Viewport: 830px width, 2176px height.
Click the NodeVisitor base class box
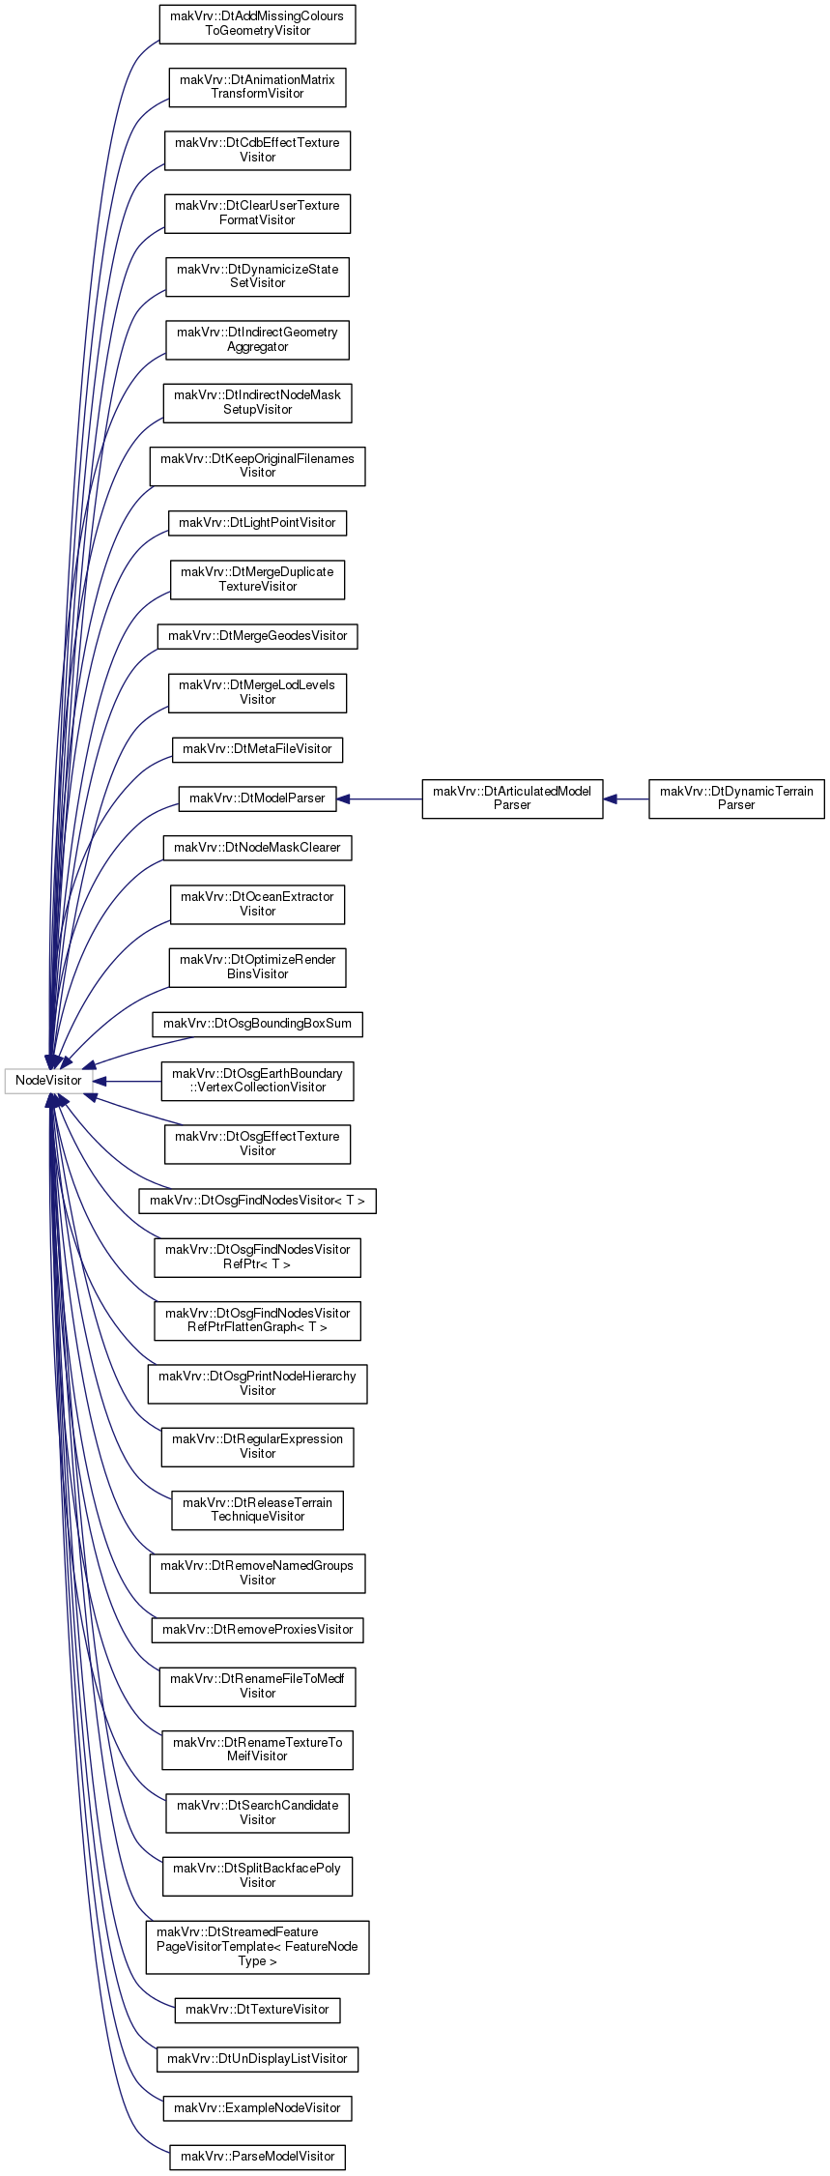tap(49, 1080)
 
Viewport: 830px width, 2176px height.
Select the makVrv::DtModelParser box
tap(257, 798)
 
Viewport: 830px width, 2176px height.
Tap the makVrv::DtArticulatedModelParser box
tap(512, 798)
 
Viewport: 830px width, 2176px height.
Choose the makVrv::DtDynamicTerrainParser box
tap(736, 798)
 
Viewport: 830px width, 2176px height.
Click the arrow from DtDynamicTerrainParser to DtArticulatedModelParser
tap(626, 798)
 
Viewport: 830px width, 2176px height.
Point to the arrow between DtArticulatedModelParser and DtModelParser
tap(379, 798)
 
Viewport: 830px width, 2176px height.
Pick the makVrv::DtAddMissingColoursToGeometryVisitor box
tap(257, 24)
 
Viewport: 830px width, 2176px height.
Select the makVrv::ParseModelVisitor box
tap(257, 2157)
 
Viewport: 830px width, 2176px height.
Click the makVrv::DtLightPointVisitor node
tap(257, 523)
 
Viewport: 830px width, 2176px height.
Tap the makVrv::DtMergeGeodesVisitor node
tap(257, 636)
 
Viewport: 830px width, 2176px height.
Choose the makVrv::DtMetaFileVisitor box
tap(257, 749)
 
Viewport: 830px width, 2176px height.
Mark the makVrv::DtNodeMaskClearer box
tap(257, 848)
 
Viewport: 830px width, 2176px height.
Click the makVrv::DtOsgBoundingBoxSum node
tap(257, 1024)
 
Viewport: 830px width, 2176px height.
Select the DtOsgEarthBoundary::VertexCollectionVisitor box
tap(257, 1081)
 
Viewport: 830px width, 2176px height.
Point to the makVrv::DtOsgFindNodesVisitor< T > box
tap(257, 1201)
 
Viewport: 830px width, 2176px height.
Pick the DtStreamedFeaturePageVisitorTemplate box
tap(257, 1947)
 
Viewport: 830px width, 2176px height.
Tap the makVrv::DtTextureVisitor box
tap(257, 2010)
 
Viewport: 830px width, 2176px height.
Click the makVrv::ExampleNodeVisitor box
tap(257, 2108)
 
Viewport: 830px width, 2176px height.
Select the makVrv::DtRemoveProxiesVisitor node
tap(257, 1630)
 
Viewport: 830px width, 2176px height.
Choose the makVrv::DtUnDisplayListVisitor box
tap(257, 2059)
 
